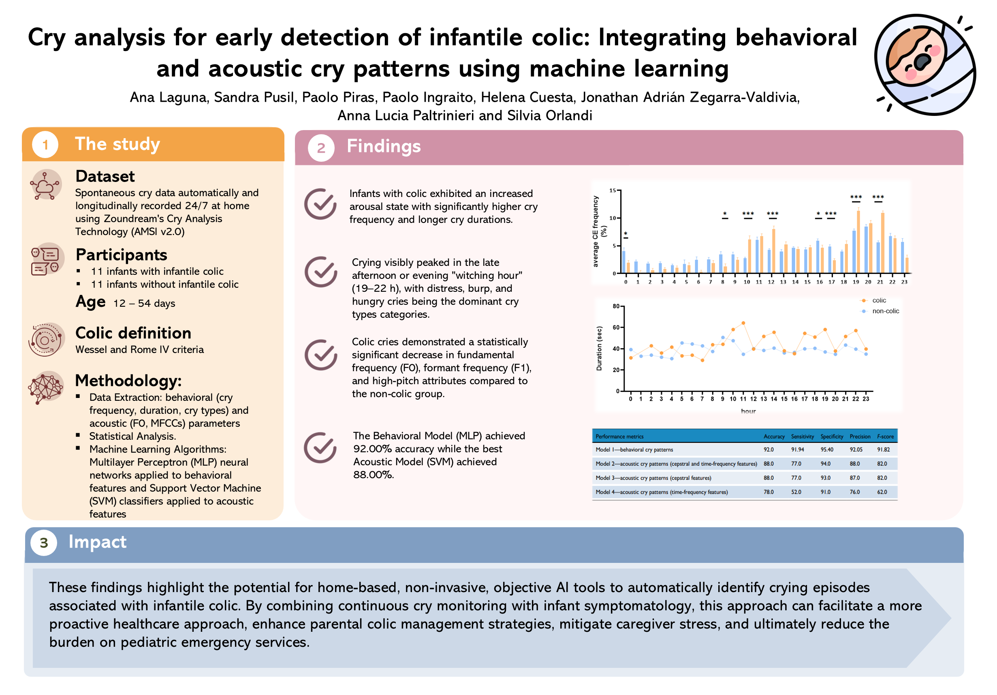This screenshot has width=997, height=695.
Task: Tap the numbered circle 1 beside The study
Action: click(45, 144)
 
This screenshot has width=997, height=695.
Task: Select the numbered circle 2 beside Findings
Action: click(321, 148)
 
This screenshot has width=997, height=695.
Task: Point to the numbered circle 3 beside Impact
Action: click(44, 543)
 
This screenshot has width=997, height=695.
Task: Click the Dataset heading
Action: click(105, 176)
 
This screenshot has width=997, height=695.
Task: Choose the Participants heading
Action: click(121, 254)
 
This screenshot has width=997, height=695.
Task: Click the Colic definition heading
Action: click(133, 333)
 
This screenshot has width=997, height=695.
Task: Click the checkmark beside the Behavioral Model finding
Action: click(320, 447)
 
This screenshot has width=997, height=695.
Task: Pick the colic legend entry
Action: click(878, 301)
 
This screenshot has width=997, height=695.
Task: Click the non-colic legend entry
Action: click(885, 311)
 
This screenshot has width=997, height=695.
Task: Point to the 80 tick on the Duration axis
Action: click(616, 306)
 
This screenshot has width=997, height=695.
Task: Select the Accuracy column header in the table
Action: click(774, 436)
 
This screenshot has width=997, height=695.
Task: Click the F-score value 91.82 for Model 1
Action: click(883, 449)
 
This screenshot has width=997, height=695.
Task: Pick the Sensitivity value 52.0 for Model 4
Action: click(796, 492)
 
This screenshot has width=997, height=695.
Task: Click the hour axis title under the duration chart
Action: click(748, 411)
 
